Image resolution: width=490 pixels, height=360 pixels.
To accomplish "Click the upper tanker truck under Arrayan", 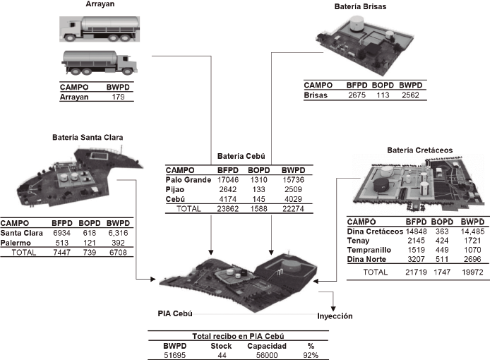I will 95,29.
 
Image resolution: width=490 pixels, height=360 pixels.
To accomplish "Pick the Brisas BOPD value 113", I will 382,95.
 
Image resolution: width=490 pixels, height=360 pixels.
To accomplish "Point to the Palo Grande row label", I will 189,179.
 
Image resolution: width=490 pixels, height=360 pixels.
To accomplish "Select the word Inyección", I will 334,316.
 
